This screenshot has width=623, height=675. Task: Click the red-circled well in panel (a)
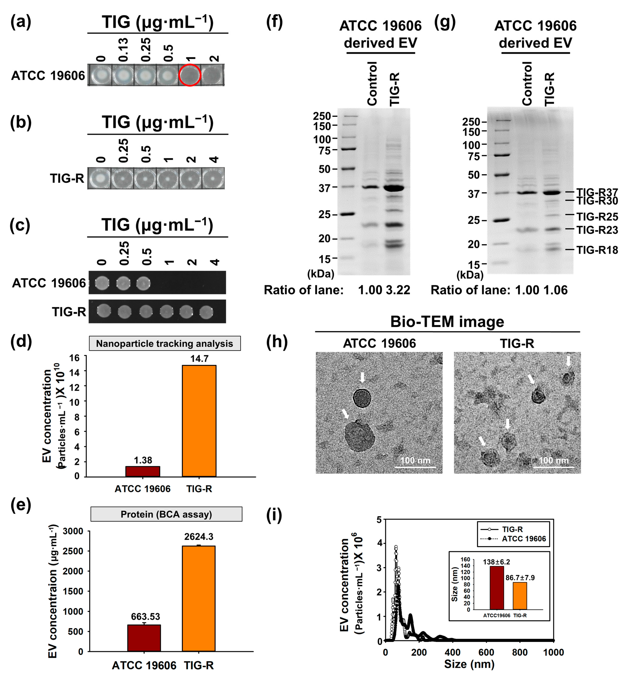point(190,75)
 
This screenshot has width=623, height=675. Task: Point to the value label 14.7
point(199,359)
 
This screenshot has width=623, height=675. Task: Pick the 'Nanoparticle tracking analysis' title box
point(165,344)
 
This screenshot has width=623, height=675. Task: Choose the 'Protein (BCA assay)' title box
point(166,514)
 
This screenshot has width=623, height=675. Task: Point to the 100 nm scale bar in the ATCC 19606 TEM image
point(415,467)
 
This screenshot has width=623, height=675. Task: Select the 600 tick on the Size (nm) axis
point(486,652)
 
